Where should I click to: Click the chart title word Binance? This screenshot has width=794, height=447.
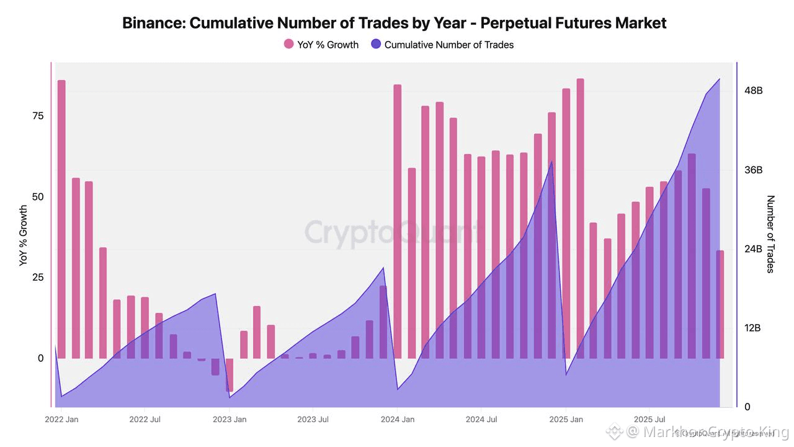coord(153,24)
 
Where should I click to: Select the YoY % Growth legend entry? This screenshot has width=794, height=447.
coord(321,44)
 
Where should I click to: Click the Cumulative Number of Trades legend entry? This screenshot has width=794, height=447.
coord(442,44)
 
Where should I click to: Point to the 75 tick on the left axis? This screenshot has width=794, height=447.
coord(37,116)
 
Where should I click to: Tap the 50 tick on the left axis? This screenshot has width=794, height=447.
coord(37,197)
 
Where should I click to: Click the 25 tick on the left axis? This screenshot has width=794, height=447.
coord(37,278)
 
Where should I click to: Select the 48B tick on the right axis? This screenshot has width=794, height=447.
coord(753,91)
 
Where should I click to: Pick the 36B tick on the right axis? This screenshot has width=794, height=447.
coord(753,170)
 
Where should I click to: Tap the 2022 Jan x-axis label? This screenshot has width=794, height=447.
coord(61,420)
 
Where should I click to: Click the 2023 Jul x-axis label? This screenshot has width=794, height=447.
coord(313,420)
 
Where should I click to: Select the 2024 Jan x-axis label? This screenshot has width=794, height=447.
coord(398,420)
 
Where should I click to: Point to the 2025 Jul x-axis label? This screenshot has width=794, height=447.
coord(649,420)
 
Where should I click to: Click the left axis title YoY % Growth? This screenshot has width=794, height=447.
coord(24,236)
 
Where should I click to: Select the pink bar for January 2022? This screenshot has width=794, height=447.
coord(61,217)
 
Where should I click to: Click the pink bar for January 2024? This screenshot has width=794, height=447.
coord(398,220)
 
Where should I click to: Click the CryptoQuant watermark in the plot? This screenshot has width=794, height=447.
coord(391,233)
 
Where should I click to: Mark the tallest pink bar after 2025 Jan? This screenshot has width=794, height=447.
coord(581,217)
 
